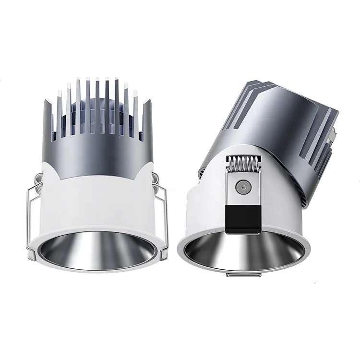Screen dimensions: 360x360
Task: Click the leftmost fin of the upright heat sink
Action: pyautogui.click(x=49, y=120)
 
